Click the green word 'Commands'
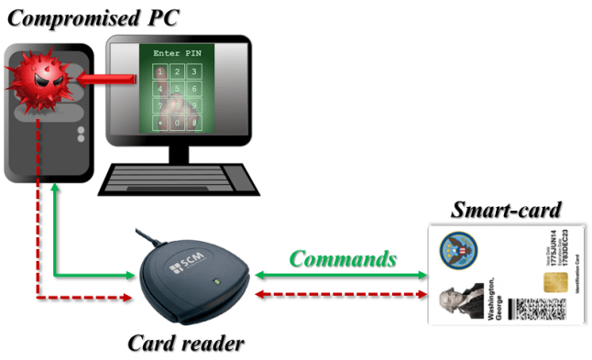click(x=344, y=258)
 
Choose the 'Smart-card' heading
click(x=506, y=209)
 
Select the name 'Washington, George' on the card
click(x=496, y=295)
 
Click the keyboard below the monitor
click(x=179, y=177)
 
